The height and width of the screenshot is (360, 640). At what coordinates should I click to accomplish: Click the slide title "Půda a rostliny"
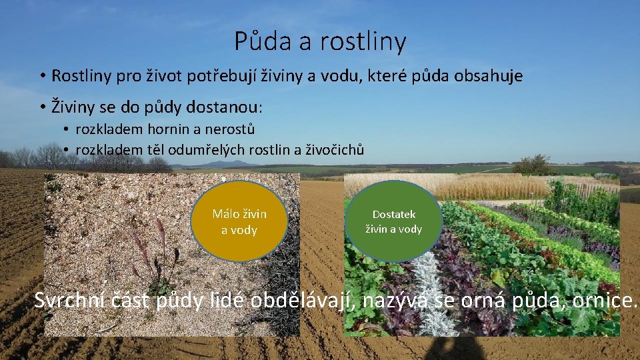(x=320, y=41)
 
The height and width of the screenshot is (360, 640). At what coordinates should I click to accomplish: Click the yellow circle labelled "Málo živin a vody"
(x=239, y=221)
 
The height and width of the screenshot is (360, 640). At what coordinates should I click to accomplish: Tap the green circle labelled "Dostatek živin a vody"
(x=393, y=221)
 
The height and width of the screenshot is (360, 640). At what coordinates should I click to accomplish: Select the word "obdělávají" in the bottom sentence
(x=305, y=301)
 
